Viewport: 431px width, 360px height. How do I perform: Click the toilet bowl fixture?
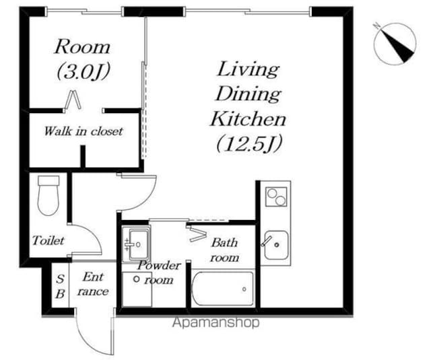click(x=48, y=196)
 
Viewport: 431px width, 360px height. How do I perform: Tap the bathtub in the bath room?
click(x=222, y=288)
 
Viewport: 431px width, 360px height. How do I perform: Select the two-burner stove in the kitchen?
click(x=276, y=196)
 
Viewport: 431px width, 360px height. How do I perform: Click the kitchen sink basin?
click(x=276, y=245)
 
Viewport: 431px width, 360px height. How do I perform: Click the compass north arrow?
click(x=395, y=43)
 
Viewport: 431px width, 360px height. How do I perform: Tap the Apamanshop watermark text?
click(x=215, y=322)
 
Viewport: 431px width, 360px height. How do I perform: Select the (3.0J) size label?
click(x=84, y=71)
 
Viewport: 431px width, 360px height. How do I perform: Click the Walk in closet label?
click(x=83, y=131)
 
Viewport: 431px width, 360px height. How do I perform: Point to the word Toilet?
click(x=48, y=240)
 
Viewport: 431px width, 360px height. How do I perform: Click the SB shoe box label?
click(x=60, y=287)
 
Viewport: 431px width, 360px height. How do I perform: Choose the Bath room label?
click(x=224, y=250)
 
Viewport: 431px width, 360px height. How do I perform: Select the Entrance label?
click(x=93, y=284)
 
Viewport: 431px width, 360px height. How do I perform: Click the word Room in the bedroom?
click(x=82, y=47)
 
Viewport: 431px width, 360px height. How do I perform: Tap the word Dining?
click(x=248, y=94)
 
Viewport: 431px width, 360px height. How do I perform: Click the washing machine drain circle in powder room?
click(x=136, y=279)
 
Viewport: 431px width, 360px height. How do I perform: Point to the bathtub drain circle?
click(x=244, y=289)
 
